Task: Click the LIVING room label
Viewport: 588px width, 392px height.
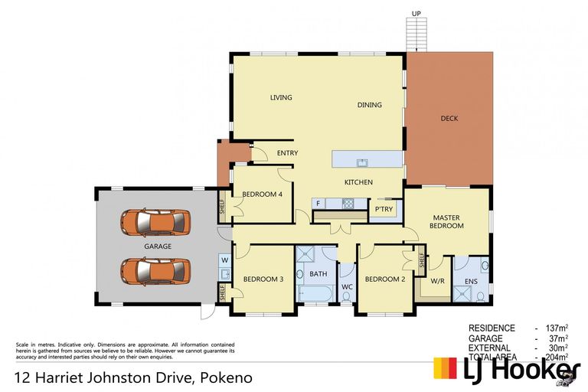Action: pos(281,97)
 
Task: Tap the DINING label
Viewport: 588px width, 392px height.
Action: pos(369,105)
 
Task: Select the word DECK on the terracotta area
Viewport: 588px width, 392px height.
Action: pos(449,118)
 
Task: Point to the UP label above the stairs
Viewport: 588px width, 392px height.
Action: pos(416,14)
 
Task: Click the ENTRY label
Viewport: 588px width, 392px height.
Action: pos(287,153)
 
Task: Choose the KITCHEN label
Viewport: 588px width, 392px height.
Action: pos(358,182)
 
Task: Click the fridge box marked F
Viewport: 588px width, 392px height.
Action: pos(318,204)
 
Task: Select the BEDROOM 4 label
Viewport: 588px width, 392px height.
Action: pos(263,194)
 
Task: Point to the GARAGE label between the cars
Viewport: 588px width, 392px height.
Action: pos(157,247)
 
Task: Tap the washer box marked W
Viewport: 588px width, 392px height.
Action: pos(225,260)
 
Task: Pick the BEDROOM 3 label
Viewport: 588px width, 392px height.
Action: pos(263,279)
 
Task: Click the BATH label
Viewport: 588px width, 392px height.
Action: pos(318,273)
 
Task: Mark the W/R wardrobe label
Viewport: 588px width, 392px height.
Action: pos(438,280)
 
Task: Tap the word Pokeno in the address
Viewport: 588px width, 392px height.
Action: pos(227,377)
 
